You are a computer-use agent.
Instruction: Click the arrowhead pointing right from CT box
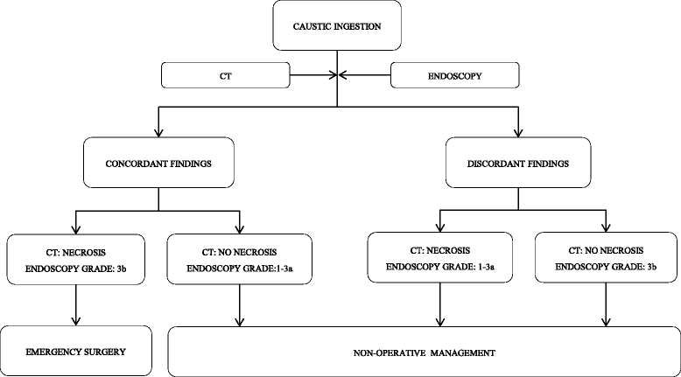coord(330,76)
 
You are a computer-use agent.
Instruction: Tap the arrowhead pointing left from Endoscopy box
coord(348,76)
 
